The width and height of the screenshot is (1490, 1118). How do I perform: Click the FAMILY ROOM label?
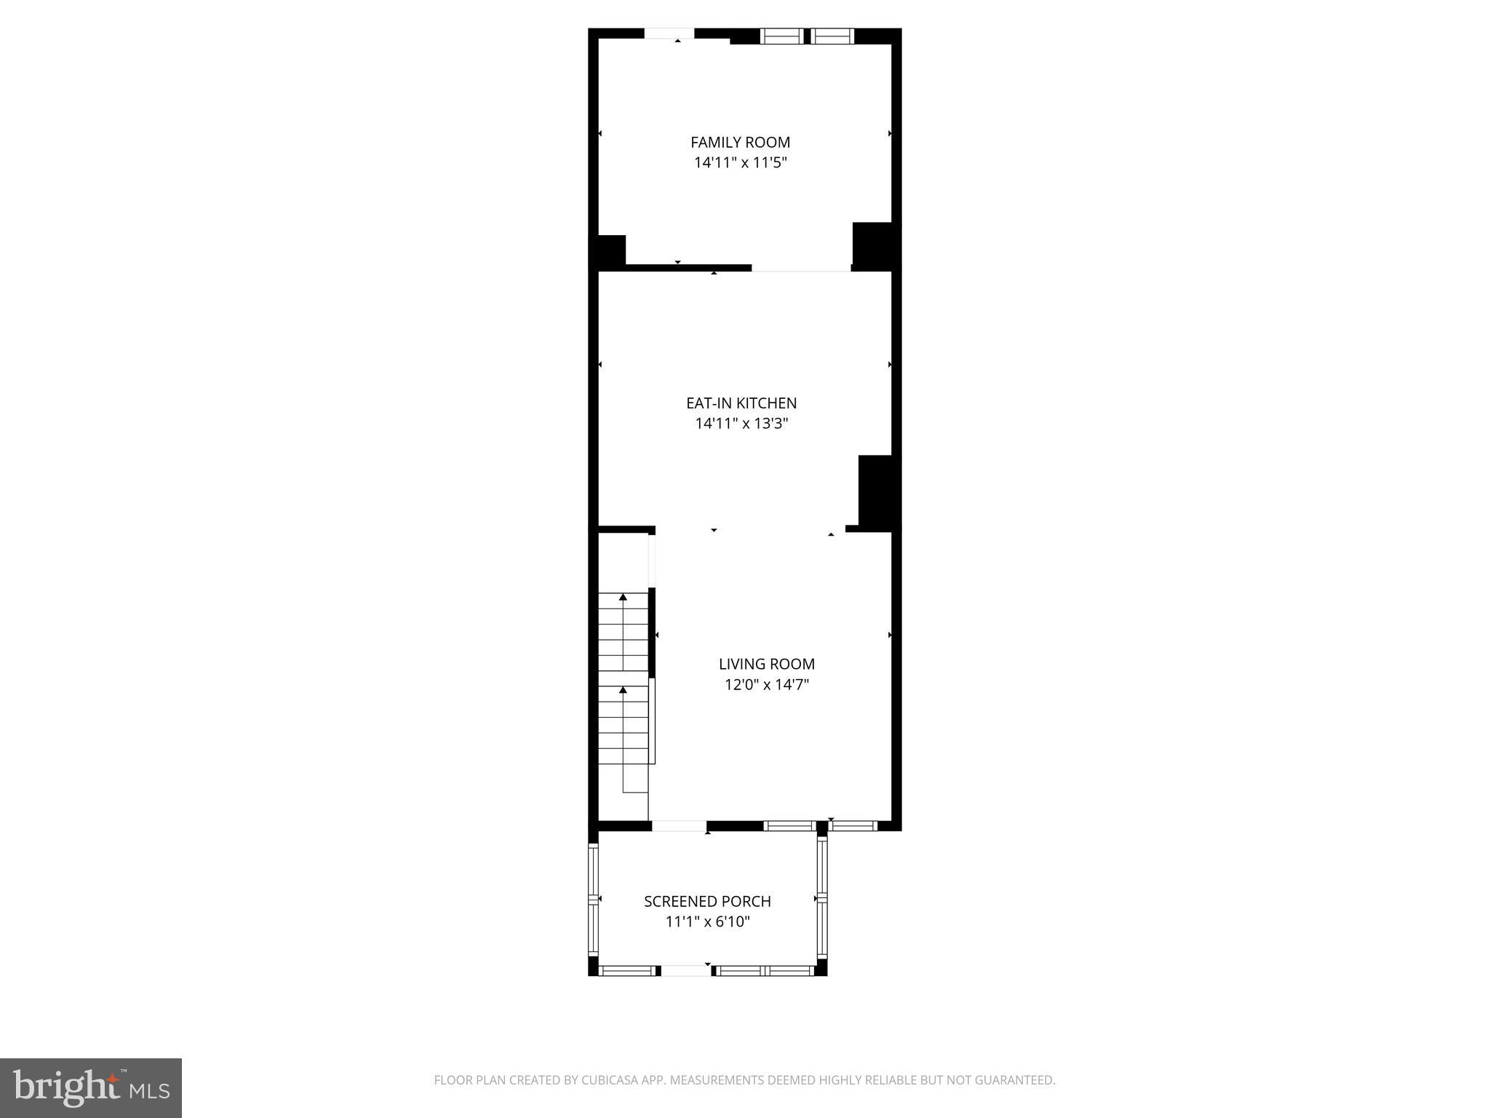pos(740,143)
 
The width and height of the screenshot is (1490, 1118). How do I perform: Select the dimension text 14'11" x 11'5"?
pos(740,163)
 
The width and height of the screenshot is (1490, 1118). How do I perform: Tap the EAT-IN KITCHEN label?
pos(741,403)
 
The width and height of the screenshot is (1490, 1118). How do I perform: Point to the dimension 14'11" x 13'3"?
pos(741,424)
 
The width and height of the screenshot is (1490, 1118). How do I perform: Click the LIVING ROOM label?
pos(766,664)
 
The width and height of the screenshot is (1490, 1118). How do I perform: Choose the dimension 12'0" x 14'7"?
pos(766,685)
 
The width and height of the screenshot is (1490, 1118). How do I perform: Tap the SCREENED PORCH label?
pos(707,901)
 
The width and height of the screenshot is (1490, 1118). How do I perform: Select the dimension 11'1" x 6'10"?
pos(707,922)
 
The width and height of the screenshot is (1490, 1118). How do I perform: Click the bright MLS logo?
pos(91,1087)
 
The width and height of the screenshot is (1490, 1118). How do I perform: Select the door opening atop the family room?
pos(669,33)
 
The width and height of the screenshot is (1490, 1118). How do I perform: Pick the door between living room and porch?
pos(679,826)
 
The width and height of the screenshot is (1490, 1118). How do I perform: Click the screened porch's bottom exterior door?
pos(685,970)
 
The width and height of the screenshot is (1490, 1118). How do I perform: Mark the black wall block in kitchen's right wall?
pos(876,491)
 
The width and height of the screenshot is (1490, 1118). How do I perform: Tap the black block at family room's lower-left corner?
pos(610,250)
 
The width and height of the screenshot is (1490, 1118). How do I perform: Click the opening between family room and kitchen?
pos(800,269)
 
